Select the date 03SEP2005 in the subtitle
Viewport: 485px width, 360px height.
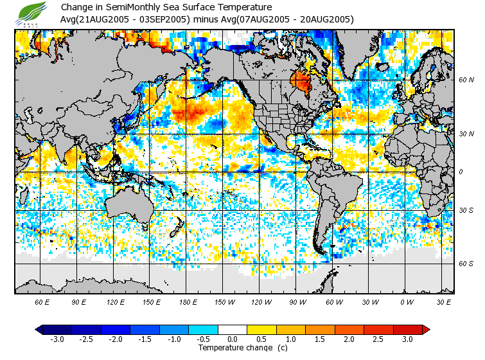[169, 19]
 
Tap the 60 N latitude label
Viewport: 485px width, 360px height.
[466, 80]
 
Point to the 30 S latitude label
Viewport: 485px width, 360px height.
[466, 211]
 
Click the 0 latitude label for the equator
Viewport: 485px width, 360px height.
[460, 172]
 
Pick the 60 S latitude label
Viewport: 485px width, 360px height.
[466, 264]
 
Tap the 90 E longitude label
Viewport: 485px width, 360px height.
[79, 301]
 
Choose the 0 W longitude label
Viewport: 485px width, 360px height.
[406, 301]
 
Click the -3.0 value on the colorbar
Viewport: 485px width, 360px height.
[57, 339]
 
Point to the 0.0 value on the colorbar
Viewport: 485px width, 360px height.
[233, 339]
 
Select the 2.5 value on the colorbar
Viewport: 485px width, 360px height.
[378, 339]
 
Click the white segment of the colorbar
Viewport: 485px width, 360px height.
[233, 329]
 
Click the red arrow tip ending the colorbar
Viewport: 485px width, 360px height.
[426, 329]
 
